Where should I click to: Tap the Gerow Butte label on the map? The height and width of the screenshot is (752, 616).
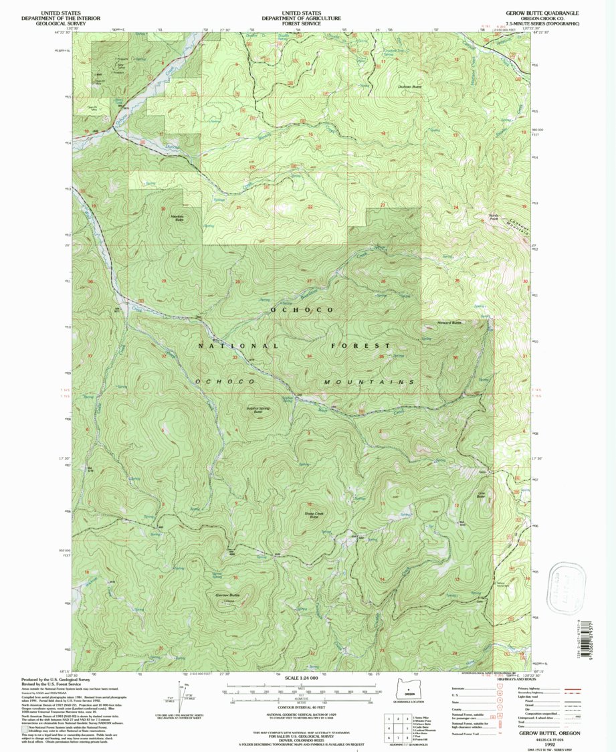click(x=227, y=595)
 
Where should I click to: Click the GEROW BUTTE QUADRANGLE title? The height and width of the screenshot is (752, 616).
click(x=539, y=13)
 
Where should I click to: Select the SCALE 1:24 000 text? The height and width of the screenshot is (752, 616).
click(x=307, y=678)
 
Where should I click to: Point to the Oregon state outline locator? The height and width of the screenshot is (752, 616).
click(x=405, y=689)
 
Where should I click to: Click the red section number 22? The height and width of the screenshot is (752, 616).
click(x=310, y=207)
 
